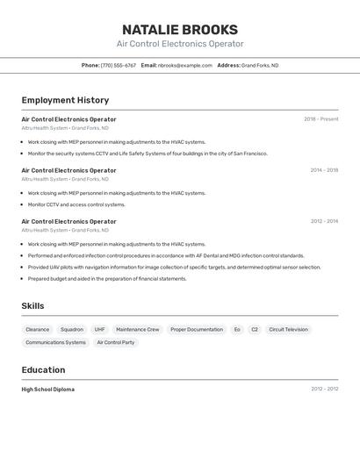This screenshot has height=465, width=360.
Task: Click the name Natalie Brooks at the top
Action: tap(180, 29)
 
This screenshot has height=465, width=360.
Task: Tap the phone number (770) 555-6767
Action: tap(119, 65)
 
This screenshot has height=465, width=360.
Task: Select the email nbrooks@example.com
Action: tap(185, 65)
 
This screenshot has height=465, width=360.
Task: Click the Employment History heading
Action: tap(65, 100)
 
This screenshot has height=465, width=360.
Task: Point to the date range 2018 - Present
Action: tap(320, 119)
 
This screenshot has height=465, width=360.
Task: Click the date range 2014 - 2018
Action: tap(324, 170)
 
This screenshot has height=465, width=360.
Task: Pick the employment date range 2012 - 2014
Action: tap(324, 221)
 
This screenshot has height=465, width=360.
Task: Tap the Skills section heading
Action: tap(32, 306)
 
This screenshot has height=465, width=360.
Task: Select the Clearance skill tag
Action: tap(38, 330)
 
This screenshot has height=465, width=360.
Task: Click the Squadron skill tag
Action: tap(72, 330)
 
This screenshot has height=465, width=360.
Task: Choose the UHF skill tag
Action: tap(99, 330)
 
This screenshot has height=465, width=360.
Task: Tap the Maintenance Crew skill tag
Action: tap(138, 330)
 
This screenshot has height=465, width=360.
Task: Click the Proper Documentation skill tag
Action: tap(197, 330)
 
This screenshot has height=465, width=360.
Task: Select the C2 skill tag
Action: tap(255, 330)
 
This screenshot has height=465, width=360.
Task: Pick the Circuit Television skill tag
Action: tap(288, 330)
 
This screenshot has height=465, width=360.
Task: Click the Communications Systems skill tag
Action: tap(56, 343)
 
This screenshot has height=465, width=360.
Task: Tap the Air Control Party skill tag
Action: tap(116, 343)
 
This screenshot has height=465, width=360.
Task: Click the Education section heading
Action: tap(43, 370)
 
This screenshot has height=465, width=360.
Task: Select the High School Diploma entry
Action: tap(48, 390)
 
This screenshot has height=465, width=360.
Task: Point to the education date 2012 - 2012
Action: tap(324, 390)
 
